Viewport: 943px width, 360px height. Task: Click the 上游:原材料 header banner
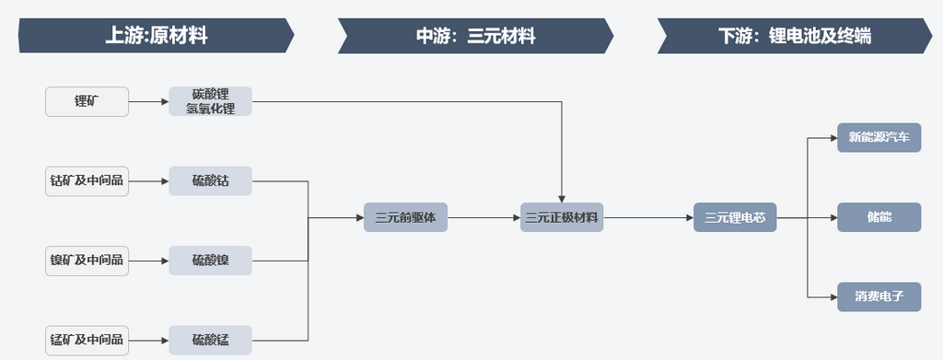point(156,36)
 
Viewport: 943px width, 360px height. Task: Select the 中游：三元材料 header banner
point(475,36)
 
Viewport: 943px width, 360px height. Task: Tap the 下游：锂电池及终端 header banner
point(794,36)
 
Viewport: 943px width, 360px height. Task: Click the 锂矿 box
point(87,101)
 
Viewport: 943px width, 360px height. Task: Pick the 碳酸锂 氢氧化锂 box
point(210,101)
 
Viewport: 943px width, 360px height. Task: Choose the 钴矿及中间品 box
point(87,180)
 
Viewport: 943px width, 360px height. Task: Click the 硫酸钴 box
point(210,180)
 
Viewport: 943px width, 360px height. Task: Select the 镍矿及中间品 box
point(87,260)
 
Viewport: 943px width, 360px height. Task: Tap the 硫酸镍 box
point(210,260)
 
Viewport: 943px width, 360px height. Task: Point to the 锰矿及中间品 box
point(87,340)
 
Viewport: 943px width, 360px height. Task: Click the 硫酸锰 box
point(210,340)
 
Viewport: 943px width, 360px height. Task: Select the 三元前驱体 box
point(405,218)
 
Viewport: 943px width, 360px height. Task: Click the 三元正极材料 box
point(562,218)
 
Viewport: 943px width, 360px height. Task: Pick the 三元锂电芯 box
point(735,218)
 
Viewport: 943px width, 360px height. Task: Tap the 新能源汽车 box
point(879,138)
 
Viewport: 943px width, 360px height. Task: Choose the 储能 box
point(879,218)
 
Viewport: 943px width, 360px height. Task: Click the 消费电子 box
point(879,297)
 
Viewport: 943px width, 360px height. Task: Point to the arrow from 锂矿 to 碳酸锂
point(148,101)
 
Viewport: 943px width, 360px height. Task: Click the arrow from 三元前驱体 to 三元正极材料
point(483,218)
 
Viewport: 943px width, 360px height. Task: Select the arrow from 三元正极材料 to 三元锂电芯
point(648,218)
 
